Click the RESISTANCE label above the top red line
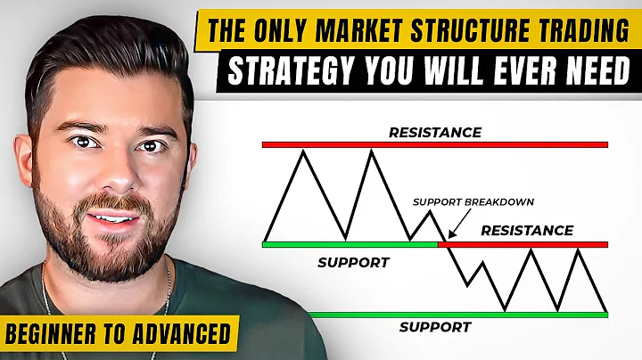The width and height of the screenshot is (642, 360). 434,133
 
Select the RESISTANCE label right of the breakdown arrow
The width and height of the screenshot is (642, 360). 526,230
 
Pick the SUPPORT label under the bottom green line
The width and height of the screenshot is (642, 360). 434,326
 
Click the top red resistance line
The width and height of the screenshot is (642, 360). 434,144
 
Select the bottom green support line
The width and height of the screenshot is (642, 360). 457,314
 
